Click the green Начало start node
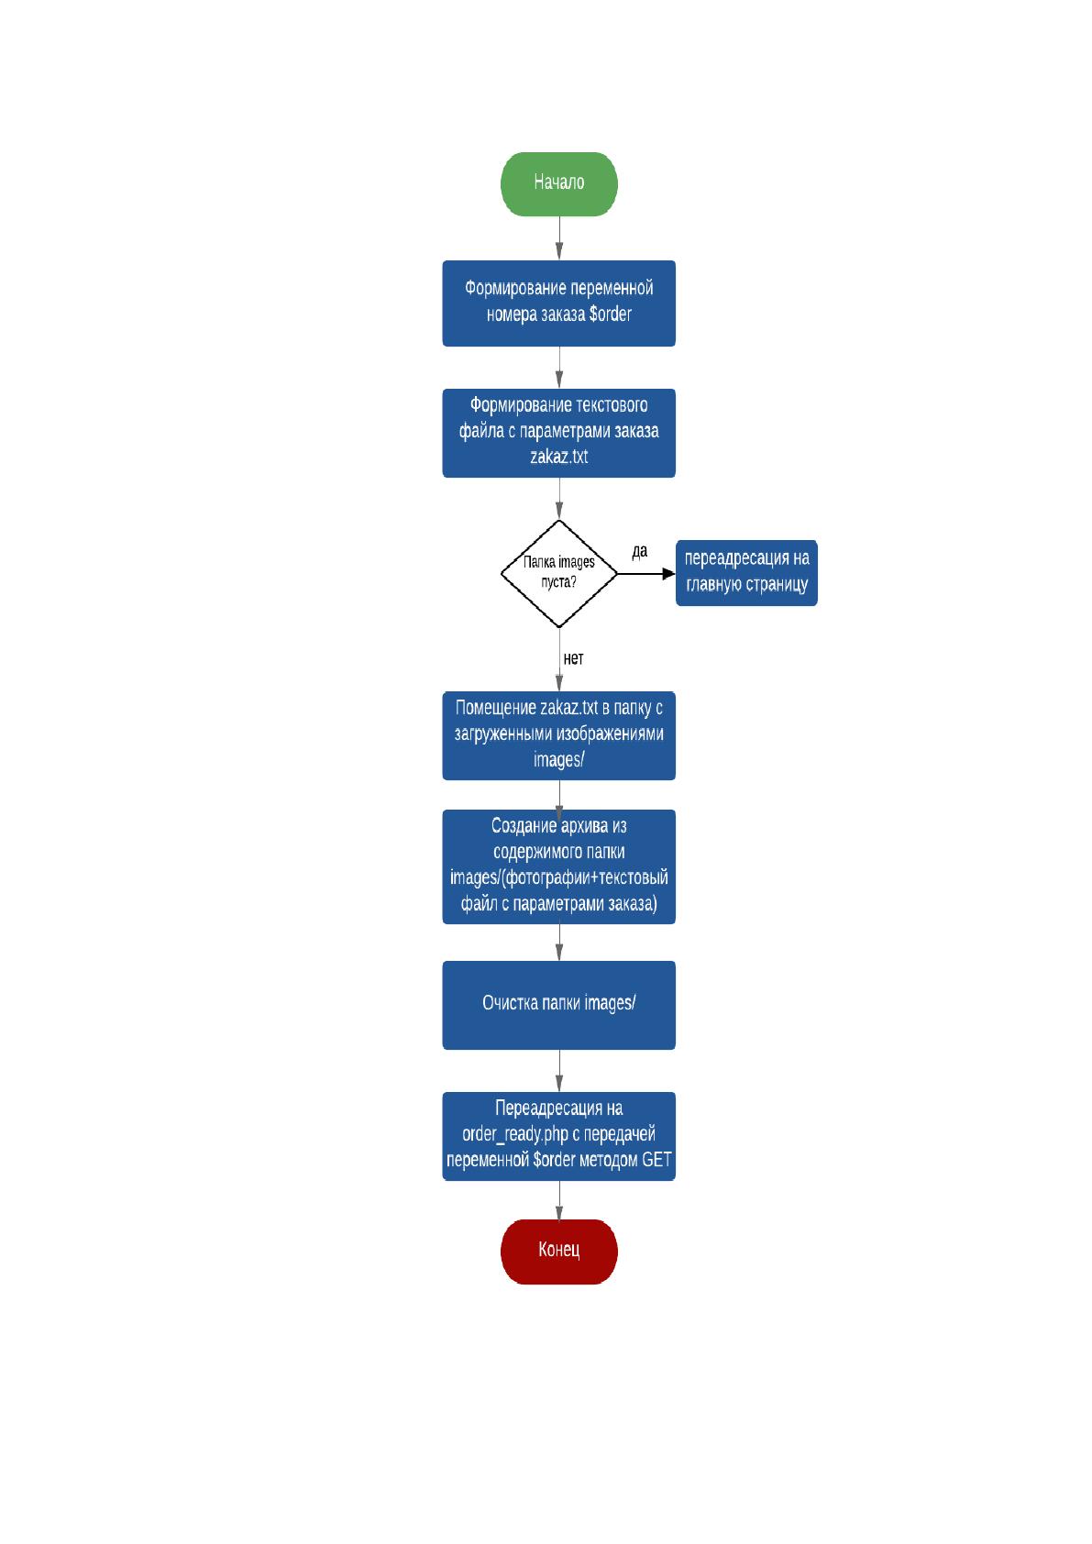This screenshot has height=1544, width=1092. (558, 184)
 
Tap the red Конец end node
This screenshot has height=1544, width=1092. (558, 1251)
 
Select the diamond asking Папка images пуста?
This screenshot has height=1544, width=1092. (558, 573)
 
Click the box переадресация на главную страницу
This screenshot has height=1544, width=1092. (746, 573)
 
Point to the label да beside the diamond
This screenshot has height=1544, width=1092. (640, 551)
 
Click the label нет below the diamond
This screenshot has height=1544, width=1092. (573, 658)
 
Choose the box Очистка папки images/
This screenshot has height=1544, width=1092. (558, 1005)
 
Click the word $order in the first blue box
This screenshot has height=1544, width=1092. (610, 314)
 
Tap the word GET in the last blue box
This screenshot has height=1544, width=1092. (656, 1160)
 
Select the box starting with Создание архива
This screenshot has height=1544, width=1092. (558, 866)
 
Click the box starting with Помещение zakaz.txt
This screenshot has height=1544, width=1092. (558, 735)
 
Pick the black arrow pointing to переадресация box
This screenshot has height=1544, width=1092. (646, 573)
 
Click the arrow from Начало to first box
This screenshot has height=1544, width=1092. (559, 238)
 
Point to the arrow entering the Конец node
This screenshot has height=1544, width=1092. (559, 1200)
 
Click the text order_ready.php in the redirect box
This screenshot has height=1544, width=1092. (515, 1134)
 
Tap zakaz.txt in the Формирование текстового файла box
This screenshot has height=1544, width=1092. (558, 457)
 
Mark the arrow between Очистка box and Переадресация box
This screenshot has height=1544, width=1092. (559, 1071)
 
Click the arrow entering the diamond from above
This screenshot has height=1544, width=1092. (559, 499)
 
